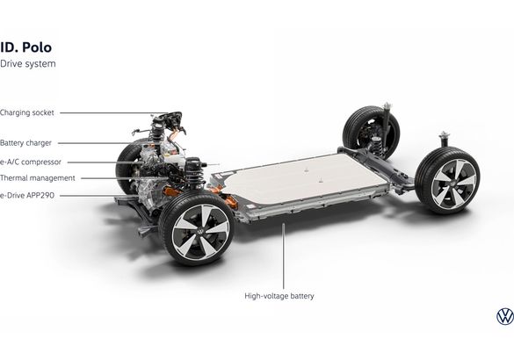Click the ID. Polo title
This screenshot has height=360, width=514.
coord(25,47)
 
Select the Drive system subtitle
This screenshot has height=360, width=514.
coord(28,64)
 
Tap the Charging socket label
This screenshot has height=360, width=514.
coord(27,112)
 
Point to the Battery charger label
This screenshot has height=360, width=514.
coord(25,143)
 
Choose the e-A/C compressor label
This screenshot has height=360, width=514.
coord(31,162)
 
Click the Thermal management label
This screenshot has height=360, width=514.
coord(38,178)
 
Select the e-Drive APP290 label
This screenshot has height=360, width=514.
coord(27,196)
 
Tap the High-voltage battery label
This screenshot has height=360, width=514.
coord(279,296)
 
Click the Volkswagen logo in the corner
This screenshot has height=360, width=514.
coord(505,316)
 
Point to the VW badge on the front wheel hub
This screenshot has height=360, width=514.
coord(199,231)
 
